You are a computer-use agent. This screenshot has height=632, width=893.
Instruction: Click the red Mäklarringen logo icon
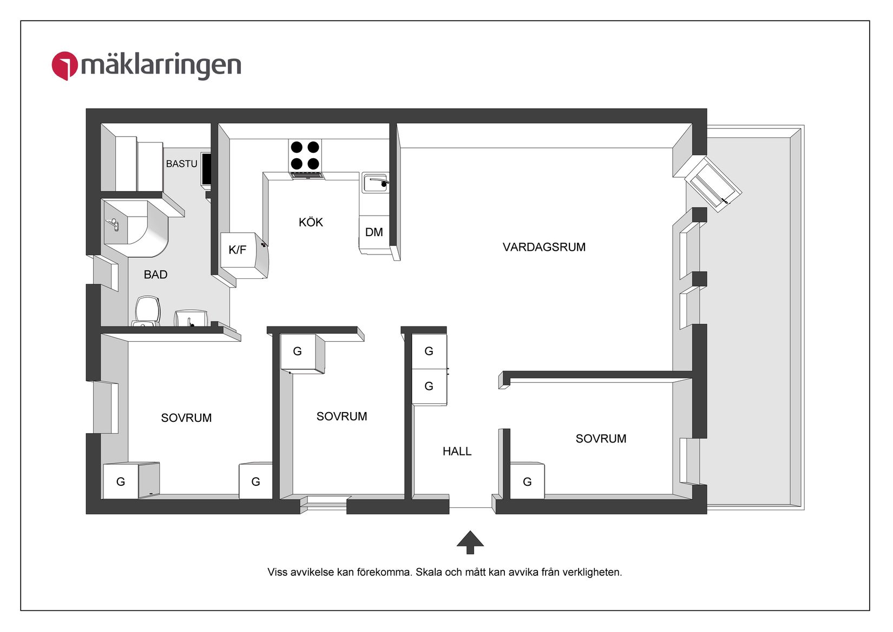64,66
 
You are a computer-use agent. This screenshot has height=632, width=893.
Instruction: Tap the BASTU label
181,164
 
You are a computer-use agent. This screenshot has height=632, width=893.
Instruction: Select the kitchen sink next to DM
375,183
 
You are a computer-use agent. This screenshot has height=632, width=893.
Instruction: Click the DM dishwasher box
373,232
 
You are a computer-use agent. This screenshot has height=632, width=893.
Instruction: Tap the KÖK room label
311,222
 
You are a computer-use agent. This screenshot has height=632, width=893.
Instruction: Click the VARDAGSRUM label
544,247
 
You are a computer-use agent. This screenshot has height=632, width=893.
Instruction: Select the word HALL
457,451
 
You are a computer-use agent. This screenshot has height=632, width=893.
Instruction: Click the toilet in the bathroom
147,310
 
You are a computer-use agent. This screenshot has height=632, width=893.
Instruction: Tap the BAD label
155,275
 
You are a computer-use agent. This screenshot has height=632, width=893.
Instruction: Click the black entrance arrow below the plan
470,542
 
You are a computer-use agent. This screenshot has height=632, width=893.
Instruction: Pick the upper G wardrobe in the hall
429,351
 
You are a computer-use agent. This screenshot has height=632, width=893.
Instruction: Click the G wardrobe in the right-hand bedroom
527,481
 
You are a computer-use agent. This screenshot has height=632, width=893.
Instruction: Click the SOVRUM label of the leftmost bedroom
186,418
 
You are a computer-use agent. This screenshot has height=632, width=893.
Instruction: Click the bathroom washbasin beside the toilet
190,318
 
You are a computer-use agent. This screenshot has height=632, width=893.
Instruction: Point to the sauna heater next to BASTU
206,170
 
